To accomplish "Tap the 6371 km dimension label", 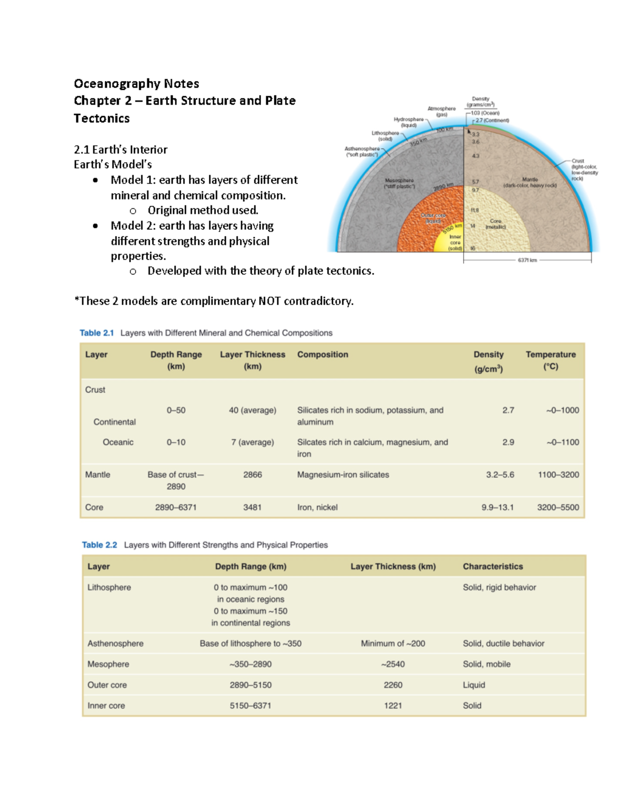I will point(527,260).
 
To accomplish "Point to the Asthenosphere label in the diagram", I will point(362,151).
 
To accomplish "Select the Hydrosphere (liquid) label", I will point(409,122).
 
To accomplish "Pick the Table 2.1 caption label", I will point(96,333).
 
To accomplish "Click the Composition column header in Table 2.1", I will point(322,354).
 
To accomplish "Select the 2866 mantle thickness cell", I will point(252,475).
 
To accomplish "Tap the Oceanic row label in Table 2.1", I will point(118,442).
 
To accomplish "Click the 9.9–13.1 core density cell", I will point(497,507).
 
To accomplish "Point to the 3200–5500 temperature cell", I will point(558,507).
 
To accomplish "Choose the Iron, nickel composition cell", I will point(317,507).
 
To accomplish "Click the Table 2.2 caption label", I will point(99,545).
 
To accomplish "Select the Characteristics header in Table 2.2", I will point(492,566).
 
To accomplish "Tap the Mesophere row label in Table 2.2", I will point(108,664).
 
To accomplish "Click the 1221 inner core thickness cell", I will point(392,705).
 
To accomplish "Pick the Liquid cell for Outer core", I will point(474,685).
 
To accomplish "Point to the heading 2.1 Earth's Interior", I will point(120,150).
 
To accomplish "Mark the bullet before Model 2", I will point(95,226).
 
